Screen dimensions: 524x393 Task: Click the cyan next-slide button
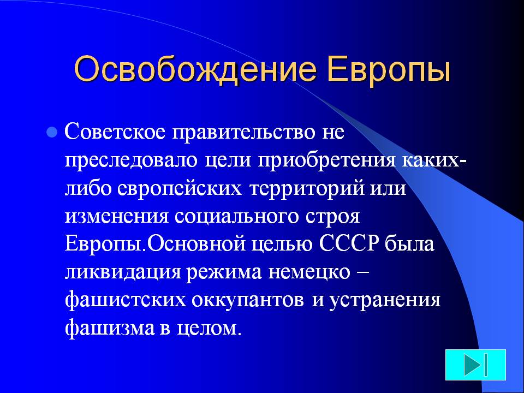475,365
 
